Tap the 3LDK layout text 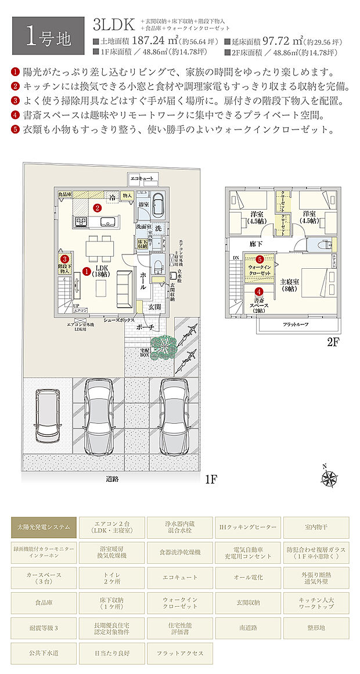(x=114, y=24)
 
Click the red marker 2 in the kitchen (x=98, y=207)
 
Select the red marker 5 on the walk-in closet (x=260, y=259)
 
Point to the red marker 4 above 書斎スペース (x=259, y=292)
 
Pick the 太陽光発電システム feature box (x=44, y=528)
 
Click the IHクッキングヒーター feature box (x=248, y=528)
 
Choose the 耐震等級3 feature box (x=44, y=628)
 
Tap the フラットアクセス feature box (x=180, y=653)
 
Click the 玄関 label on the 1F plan (x=154, y=306)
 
